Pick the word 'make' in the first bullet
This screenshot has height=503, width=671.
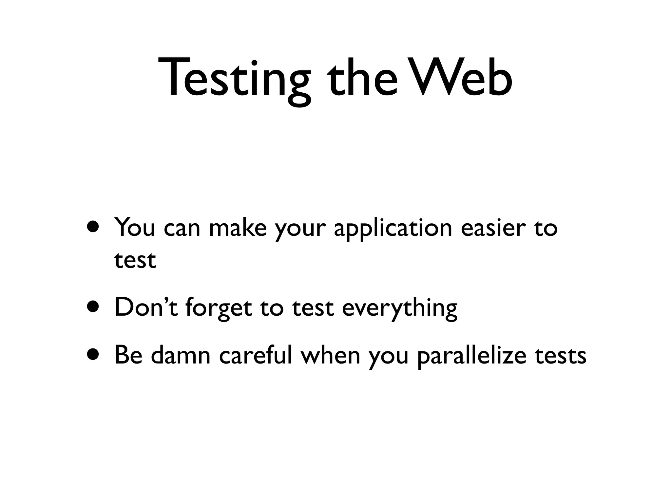point(238,227)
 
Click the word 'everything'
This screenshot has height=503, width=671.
point(399,308)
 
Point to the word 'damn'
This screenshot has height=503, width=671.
point(181,355)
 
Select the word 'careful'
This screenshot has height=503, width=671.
point(256,355)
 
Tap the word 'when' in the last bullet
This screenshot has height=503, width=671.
point(331,355)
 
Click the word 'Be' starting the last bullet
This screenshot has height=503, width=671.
point(128,355)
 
